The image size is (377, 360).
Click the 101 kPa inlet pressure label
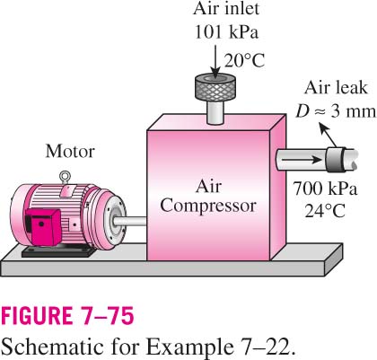[x=226, y=31]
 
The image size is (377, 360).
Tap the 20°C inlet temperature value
[x=244, y=60]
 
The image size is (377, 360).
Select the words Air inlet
[x=226, y=8]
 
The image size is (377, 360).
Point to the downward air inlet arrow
[x=215, y=61]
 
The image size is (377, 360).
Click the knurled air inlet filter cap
[x=215, y=87]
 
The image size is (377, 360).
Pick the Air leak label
[x=336, y=88]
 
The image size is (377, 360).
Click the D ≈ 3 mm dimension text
[x=336, y=111]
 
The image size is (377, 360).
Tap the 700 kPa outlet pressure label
[x=325, y=189]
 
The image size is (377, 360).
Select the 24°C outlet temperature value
[x=325, y=210]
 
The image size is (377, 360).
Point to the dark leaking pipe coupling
[x=335, y=160]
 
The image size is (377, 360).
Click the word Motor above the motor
[x=70, y=151]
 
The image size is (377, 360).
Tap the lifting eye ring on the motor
[x=65, y=175]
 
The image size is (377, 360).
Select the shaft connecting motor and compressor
[x=130, y=222]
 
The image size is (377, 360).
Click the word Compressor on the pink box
[x=208, y=206]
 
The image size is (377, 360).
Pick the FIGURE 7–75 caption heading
[x=67, y=316]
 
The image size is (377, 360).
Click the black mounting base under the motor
[x=59, y=252]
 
